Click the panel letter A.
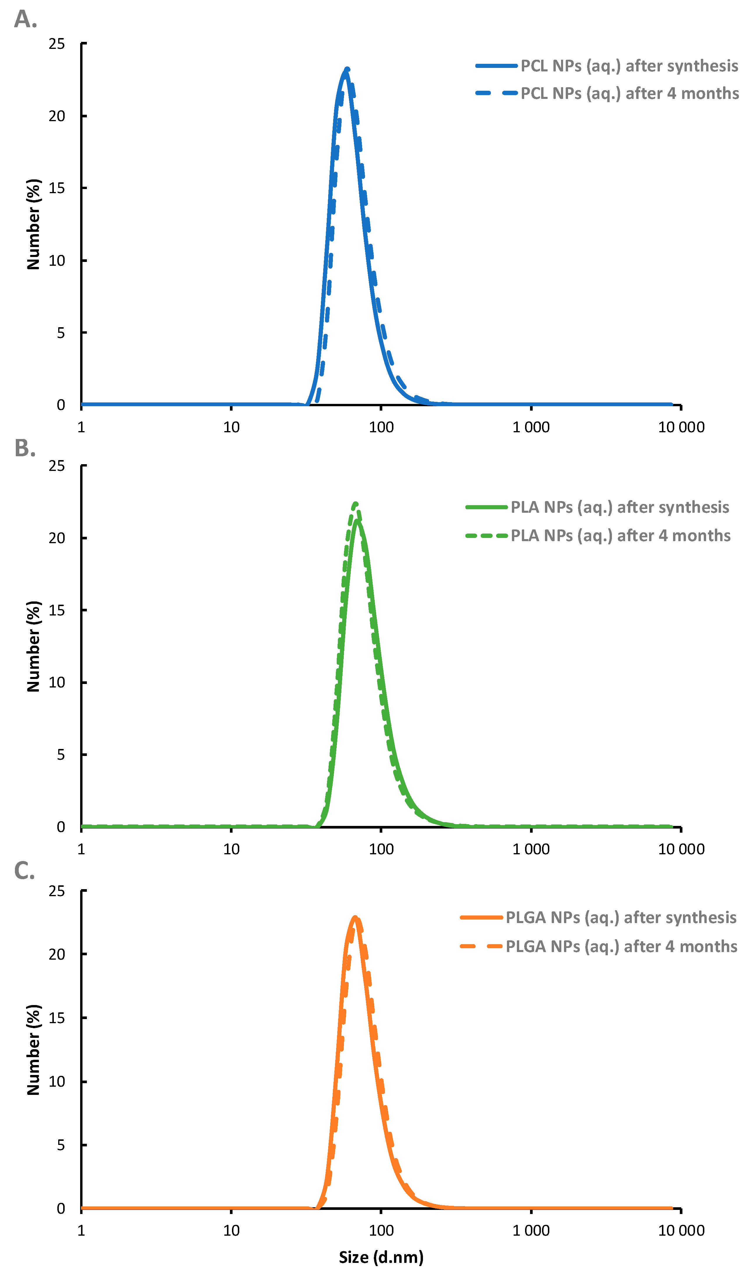pyautogui.click(x=25, y=19)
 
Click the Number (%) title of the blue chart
pyautogui.click(x=33, y=224)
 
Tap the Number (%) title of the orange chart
pyautogui.click(x=33, y=1050)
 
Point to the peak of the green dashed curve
pyautogui.click(x=356, y=503)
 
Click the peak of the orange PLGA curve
pyautogui.click(x=355, y=917)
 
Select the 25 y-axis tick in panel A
pyautogui.click(x=57, y=44)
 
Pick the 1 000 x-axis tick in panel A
pyautogui.click(x=531, y=427)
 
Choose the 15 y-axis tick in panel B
pyautogui.click(x=57, y=610)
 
